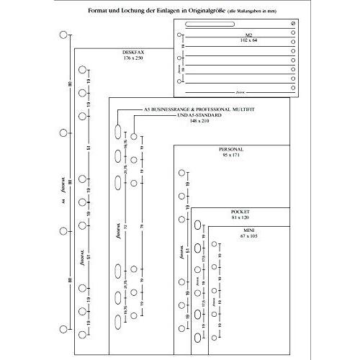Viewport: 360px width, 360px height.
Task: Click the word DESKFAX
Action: pos(134,52)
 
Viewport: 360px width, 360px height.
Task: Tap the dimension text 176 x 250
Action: pos(134,58)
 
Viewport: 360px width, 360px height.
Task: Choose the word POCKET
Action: pos(240,212)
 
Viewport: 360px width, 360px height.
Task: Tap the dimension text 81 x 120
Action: pos(240,217)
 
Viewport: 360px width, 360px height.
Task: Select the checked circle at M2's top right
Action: pos(292,26)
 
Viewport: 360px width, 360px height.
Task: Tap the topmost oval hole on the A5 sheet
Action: pos(117,132)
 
